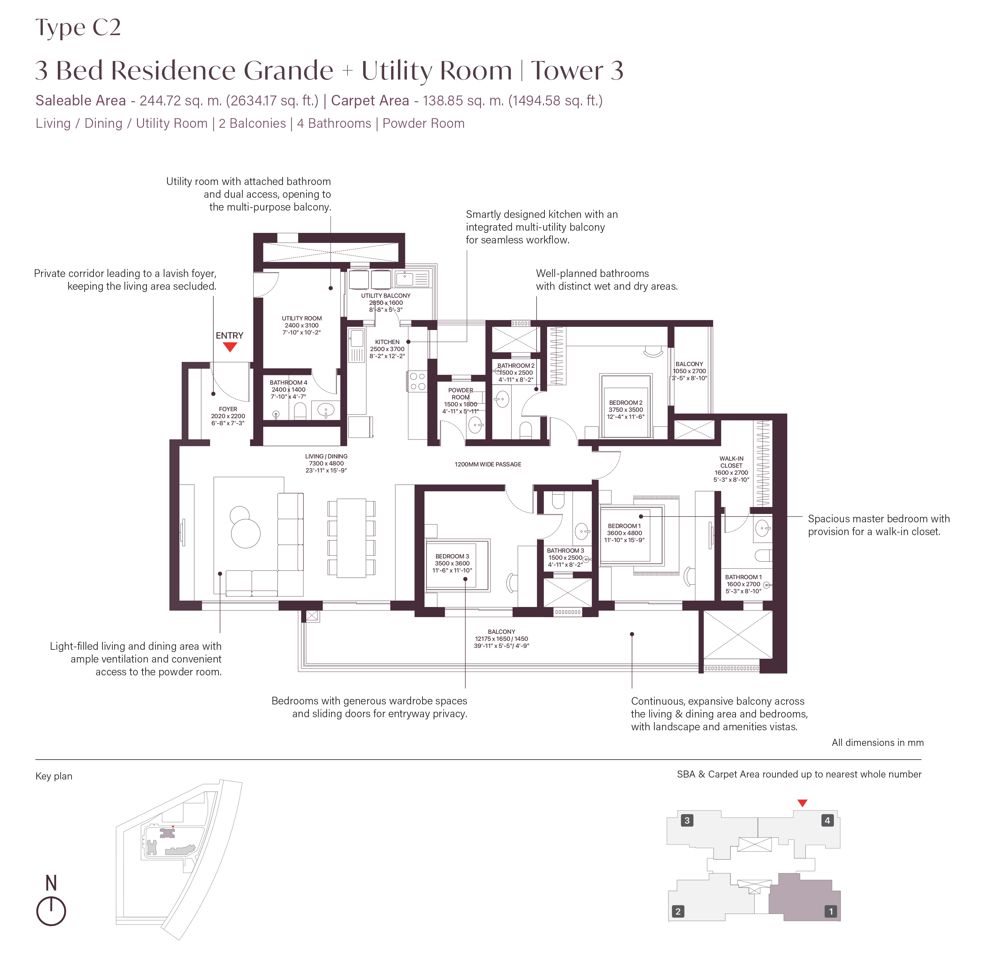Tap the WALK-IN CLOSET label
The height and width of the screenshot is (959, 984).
point(731,462)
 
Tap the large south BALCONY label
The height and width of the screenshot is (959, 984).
point(501,632)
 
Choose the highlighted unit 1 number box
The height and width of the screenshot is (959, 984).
point(830,911)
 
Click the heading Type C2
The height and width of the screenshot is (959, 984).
point(78,28)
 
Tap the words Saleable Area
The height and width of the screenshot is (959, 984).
point(80,101)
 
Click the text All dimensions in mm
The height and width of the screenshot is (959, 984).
point(877,742)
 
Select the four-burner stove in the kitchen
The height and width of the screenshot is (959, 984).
point(417,381)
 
